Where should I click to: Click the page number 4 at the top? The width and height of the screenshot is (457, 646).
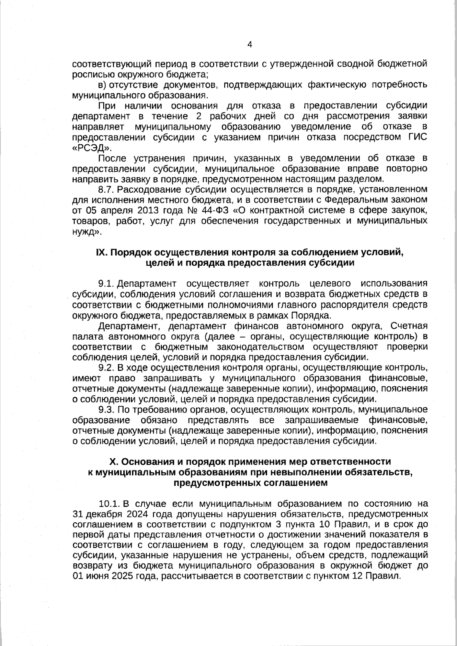pos(249,45)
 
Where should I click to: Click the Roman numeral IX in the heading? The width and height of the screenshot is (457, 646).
pos(101,252)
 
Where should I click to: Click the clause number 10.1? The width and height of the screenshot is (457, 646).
pos(109,504)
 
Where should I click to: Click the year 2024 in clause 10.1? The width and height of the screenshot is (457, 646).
pos(136,514)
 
